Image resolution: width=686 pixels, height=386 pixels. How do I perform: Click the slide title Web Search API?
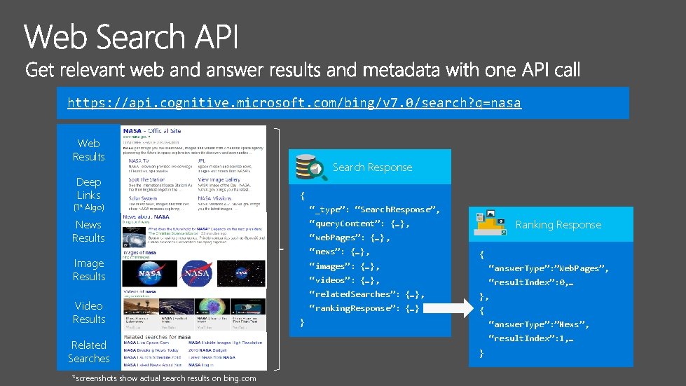132,36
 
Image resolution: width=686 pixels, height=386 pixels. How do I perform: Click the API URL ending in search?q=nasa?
294,103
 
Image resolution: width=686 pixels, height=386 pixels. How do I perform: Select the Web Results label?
88,150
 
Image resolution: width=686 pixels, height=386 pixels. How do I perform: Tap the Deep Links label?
88,188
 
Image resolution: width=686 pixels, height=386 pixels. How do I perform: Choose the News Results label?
88,231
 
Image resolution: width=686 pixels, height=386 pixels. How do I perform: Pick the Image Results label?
89,270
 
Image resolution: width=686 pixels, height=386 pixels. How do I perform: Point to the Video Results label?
89,312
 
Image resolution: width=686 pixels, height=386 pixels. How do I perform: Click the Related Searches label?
89,352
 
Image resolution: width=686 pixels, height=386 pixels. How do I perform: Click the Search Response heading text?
372,167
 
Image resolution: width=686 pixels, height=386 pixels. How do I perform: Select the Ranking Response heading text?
558,225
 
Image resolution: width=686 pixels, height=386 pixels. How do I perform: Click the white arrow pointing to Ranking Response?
448,308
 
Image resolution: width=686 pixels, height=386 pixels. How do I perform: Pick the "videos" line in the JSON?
344,280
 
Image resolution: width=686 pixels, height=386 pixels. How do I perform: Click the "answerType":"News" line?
538,324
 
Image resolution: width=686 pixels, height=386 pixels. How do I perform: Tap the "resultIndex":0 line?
530,282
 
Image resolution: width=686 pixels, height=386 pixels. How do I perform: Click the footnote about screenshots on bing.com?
164,378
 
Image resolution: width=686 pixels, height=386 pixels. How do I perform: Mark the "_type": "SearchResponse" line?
374,209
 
